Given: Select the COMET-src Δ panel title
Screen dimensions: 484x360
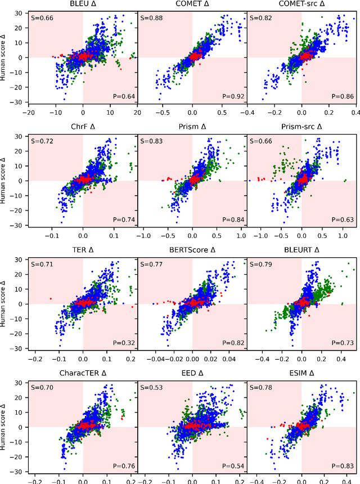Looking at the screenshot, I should (x=301, y=4).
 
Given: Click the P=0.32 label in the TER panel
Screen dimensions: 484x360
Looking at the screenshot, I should (x=125, y=343).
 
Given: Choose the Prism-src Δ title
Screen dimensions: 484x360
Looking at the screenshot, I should (x=301, y=127).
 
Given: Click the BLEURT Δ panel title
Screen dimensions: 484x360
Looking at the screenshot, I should (x=301, y=250).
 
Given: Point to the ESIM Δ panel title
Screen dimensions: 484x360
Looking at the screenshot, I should (x=301, y=374).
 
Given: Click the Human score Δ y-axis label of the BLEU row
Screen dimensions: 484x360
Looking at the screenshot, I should (x=6, y=56).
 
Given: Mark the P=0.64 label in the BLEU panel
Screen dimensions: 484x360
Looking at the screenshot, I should (x=125, y=96).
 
